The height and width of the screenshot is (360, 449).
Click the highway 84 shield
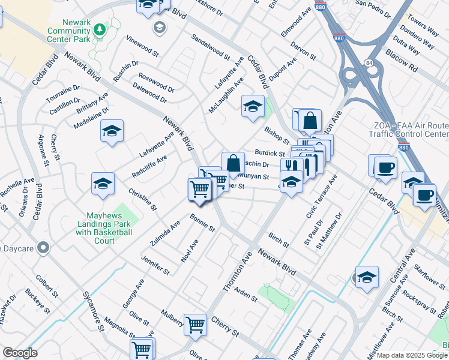(x=366, y=63)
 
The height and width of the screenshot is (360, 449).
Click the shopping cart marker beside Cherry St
(x=196, y=325)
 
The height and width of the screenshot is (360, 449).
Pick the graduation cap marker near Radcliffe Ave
(x=103, y=184)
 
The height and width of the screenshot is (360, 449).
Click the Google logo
(x=20, y=353)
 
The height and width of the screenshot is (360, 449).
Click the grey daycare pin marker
(x=43, y=247)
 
